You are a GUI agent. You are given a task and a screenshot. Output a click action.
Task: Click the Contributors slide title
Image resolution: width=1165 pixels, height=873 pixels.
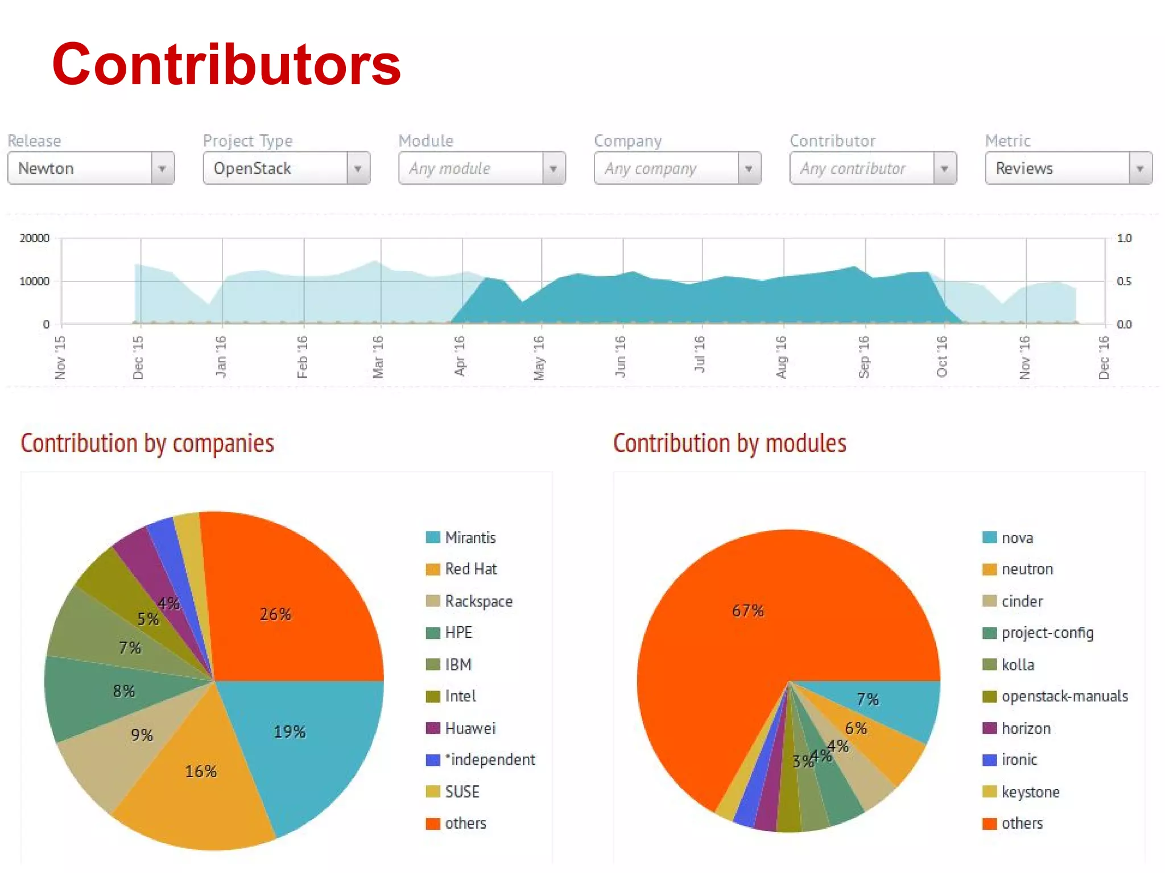[x=226, y=64]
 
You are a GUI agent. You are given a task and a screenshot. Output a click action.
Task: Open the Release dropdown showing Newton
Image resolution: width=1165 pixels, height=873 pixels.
[x=90, y=168]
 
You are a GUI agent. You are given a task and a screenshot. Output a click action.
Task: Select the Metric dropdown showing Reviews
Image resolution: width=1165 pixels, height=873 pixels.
[x=1068, y=168]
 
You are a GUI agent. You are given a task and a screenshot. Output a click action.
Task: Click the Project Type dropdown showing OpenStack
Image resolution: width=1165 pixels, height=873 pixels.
[x=286, y=168]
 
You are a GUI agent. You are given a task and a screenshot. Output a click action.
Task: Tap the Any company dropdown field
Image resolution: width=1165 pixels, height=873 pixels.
[x=677, y=168]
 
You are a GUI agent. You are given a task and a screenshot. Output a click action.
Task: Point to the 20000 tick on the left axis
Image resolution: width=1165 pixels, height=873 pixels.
[x=35, y=238]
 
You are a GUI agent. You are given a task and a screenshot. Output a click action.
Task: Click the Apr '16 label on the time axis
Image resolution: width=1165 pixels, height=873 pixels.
[x=460, y=356]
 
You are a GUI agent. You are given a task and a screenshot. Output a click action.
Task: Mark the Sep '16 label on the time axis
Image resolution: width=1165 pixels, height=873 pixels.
[x=864, y=356]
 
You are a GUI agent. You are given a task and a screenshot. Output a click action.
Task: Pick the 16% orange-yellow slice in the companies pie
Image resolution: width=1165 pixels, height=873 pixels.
[x=199, y=784]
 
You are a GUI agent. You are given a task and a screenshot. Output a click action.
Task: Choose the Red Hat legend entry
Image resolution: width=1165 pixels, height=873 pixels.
[x=470, y=569]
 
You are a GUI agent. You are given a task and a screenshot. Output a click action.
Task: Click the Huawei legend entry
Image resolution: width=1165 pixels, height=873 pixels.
[x=470, y=728]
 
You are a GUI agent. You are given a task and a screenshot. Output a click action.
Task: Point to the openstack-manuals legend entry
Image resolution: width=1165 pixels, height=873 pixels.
[x=1064, y=696]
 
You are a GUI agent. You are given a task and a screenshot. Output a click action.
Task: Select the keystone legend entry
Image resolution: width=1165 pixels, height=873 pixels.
[x=1030, y=792]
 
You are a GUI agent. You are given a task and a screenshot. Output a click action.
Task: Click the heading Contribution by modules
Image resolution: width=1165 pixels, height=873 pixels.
[x=729, y=444]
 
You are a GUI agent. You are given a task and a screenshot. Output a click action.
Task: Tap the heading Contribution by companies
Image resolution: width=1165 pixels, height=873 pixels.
[x=147, y=444]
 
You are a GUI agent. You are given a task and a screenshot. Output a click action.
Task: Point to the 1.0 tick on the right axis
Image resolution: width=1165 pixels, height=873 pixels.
[x=1124, y=238]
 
